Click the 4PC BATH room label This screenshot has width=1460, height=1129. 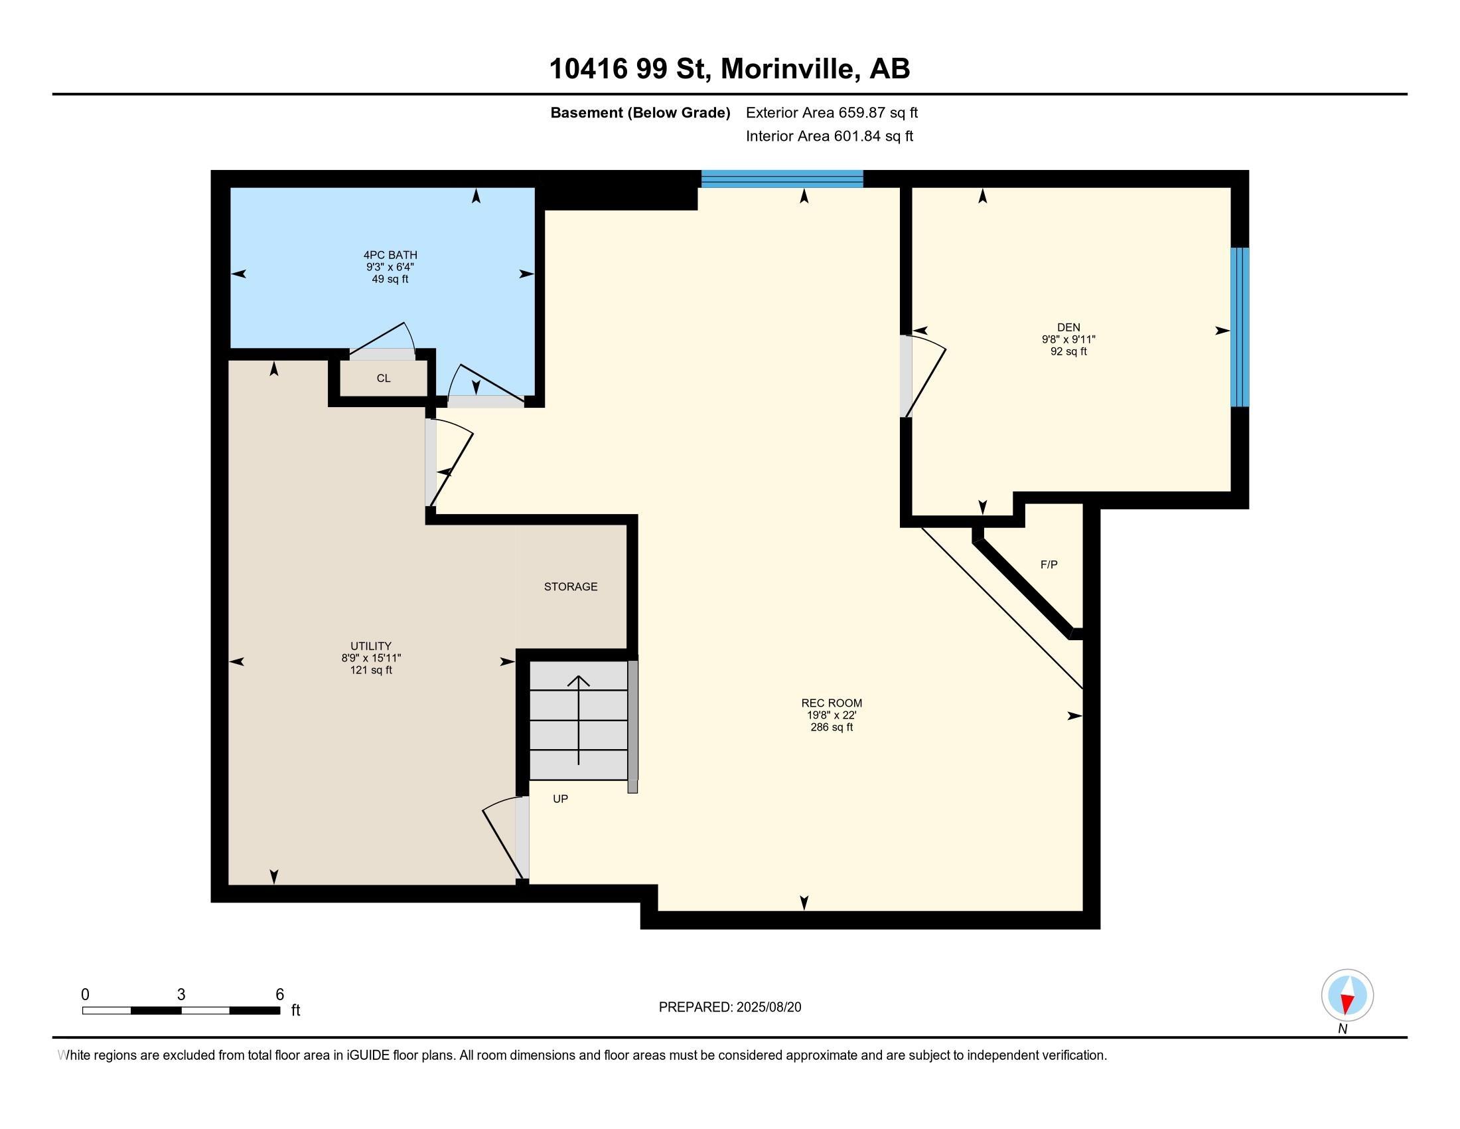coord(390,255)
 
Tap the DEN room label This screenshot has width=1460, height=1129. coord(1068,327)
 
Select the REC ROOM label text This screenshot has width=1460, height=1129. coord(832,703)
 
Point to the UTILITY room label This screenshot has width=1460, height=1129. coord(371,646)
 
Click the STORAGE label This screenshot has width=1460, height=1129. coord(570,586)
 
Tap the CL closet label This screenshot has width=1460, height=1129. coord(383,379)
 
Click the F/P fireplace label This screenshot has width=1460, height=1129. coord(1049,564)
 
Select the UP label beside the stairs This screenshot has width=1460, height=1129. coord(560,798)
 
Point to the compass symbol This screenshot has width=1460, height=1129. coord(1347,995)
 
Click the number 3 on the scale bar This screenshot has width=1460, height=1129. coord(181,995)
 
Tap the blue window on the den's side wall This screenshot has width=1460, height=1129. coord(1240,327)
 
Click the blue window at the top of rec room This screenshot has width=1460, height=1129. coord(782,179)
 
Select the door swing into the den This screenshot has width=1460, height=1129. coord(924,378)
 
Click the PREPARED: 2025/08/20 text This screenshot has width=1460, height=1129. coord(729,1007)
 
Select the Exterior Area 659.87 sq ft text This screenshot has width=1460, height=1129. coord(832,112)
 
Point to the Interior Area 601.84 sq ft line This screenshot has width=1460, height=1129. coord(829,136)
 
